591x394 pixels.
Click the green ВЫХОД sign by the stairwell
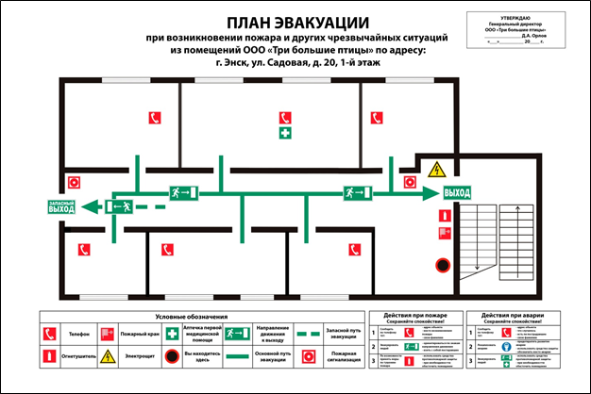[456, 193]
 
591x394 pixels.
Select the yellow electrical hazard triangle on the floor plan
[436, 170]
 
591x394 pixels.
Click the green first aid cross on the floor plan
[283, 135]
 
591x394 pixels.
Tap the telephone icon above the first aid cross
[283, 118]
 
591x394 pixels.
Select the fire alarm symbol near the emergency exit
[73, 183]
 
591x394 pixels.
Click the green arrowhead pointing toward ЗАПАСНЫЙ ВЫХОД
[88, 206]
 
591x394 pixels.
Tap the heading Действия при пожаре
[415, 315]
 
